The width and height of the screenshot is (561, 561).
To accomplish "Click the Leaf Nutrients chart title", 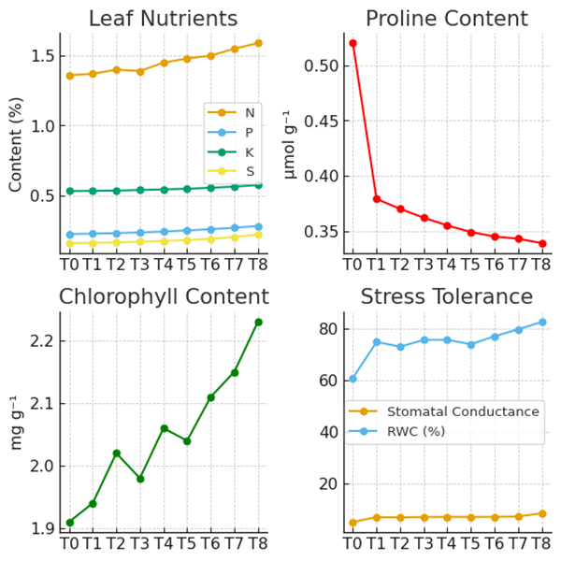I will tap(163, 19).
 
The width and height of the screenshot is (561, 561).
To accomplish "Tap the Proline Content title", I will tap(446, 19).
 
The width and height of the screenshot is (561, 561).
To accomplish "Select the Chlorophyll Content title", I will tap(164, 297).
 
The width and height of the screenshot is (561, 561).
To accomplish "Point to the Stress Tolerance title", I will tap(446, 297).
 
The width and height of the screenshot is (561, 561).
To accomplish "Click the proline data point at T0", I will tap(352, 43).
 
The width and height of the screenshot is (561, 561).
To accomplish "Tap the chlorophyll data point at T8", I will tap(259, 322).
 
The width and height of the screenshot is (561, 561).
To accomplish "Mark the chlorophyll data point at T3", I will tap(140, 479).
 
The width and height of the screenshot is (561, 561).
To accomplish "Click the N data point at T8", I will tap(259, 43).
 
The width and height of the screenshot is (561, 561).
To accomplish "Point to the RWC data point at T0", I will tap(352, 379).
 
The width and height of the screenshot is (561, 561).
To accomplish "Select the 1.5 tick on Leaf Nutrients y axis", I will tap(42, 56).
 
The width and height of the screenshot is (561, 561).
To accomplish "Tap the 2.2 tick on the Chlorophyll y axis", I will tap(45, 341).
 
